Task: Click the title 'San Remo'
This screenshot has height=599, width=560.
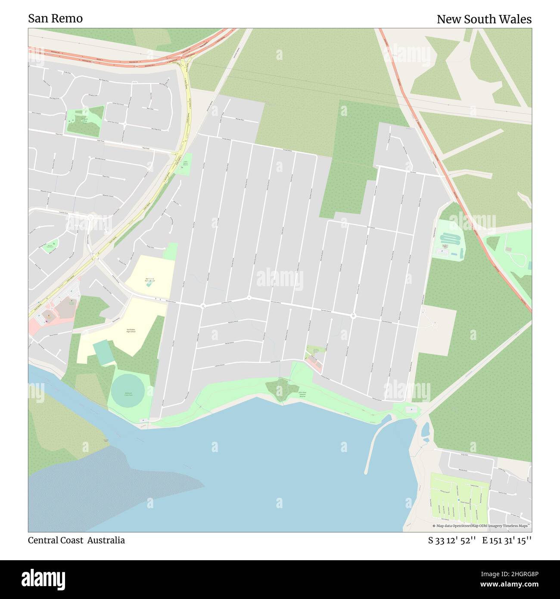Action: point(55,19)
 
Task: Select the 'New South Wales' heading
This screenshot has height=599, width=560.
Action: point(484,19)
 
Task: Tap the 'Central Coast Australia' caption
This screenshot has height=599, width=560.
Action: point(76,540)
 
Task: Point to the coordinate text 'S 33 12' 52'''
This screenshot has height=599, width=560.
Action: point(451,540)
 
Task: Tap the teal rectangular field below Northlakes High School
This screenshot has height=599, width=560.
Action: point(103,352)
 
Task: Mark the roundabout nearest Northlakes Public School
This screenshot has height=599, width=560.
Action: point(203,306)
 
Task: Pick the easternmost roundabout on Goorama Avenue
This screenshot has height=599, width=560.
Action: point(353,316)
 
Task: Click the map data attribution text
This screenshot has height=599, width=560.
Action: point(480,526)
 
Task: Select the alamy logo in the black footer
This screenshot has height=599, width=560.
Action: point(43,579)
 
